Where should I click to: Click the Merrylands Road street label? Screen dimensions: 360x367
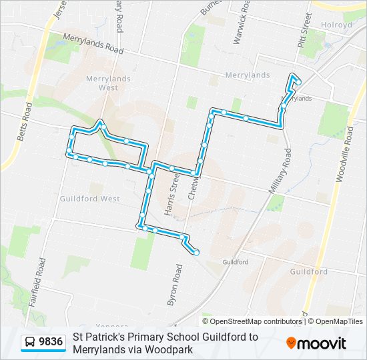[93, 44]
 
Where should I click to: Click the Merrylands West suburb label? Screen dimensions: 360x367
[107, 83]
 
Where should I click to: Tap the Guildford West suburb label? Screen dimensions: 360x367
[89, 199]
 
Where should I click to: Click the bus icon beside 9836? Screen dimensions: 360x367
[30, 343]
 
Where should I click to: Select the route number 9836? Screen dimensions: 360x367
[51, 343]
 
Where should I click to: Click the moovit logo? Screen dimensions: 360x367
[316, 343]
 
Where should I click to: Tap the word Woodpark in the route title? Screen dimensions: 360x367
[170, 349]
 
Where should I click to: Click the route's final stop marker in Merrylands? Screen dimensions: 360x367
[298, 82]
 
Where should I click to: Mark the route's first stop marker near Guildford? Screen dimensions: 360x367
[196, 253]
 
